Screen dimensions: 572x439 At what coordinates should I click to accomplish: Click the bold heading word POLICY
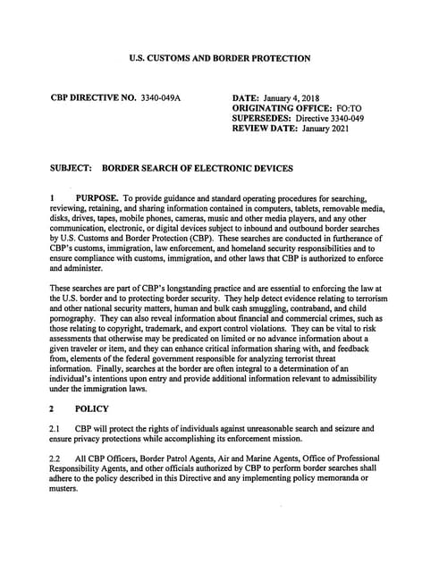pos(92,408)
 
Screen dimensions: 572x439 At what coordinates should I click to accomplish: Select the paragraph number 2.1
pos(55,429)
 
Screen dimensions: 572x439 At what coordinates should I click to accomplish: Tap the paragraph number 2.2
pos(55,458)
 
